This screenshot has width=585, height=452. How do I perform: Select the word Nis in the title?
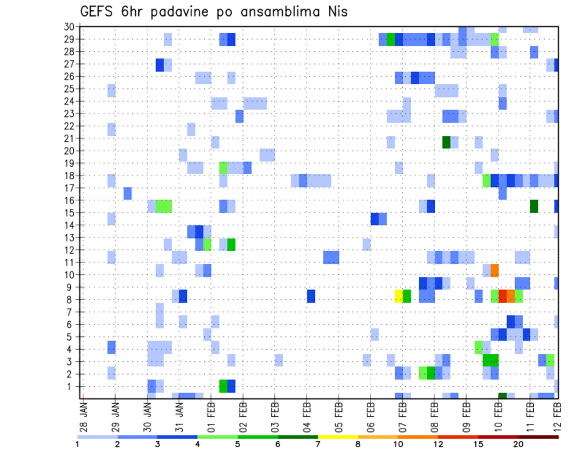[336, 12]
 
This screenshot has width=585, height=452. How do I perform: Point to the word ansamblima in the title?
[272, 12]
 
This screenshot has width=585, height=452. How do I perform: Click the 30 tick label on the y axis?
[69, 26]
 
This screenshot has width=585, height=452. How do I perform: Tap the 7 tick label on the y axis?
[71, 312]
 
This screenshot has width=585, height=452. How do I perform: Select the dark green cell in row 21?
[446, 142]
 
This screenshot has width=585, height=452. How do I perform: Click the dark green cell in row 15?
[534, 206]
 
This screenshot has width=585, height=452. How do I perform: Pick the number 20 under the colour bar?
[518, 444]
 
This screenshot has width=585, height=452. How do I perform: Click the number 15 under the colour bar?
[478, 444]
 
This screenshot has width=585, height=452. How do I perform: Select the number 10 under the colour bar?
[397, 444]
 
